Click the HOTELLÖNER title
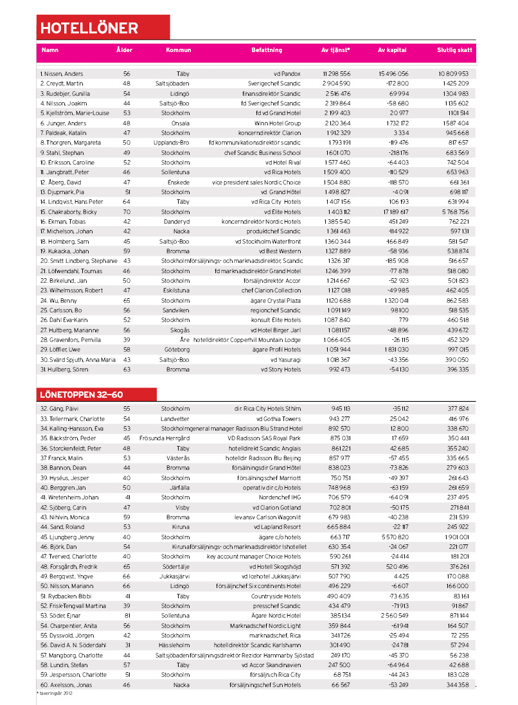pos(89,28)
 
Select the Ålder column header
pos(125,49)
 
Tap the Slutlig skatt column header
pos(454,49)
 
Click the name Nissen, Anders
pos(62,74)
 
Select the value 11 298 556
pos(337,74)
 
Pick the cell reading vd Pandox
pos(287,74)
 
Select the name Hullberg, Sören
pos(64,370)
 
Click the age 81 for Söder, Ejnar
pos(127,615)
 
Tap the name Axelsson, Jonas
pos(62,685)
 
